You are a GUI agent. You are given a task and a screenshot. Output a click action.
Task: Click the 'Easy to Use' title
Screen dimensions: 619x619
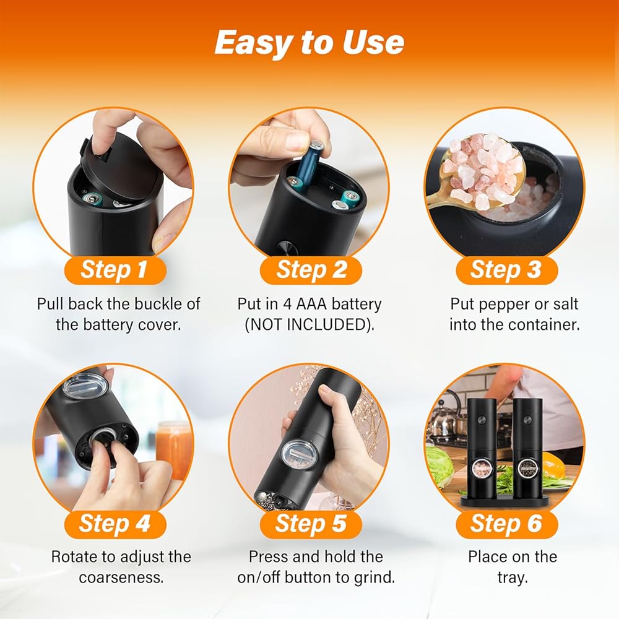click(309, 43)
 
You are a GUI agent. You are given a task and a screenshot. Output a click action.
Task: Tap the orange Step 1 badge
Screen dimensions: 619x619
click(115, 270)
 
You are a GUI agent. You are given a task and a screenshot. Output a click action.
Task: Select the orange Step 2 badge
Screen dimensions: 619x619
click(311, 270)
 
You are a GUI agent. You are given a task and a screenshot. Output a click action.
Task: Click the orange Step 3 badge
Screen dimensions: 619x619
click(506, 270)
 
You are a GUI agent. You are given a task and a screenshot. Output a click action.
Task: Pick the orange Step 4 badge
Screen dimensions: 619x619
click(115, 524)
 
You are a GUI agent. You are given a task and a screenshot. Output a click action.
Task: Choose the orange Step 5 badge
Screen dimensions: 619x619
click(311, 524)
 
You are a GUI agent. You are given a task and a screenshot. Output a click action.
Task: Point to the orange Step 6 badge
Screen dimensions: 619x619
click(506, 524)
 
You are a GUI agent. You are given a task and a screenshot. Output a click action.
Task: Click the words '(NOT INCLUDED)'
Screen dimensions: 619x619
click(309, 325)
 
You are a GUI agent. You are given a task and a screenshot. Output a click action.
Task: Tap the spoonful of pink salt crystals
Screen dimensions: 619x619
click(482, 171)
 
